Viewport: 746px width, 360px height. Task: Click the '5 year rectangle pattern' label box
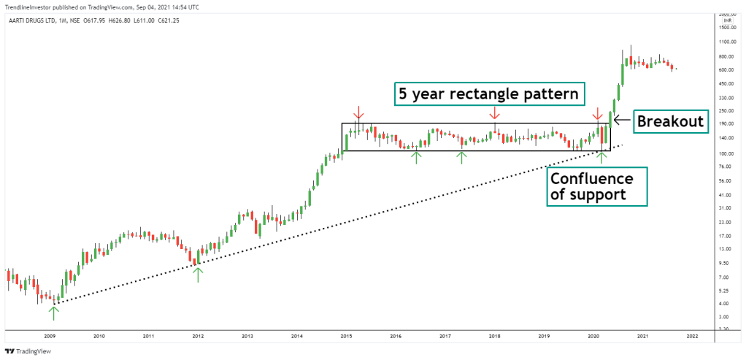[x=490, y=94]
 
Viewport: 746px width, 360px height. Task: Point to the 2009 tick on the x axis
[x=50, y=337]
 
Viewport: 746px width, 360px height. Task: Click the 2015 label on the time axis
[x=346, y=337]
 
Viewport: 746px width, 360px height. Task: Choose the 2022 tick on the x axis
[x=692, y=337]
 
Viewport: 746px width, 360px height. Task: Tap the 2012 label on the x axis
[x=198, y=337]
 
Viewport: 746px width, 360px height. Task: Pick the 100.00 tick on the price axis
[x=726, y=154]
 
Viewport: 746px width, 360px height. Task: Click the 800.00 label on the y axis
[x=726, y=56]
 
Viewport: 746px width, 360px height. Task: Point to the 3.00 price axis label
[x=724, y=317]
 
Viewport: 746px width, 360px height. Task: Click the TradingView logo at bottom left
[x=28, y=351]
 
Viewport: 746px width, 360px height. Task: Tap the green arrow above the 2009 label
[x=53, y=312]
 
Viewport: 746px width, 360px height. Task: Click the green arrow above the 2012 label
[x=197, y=275]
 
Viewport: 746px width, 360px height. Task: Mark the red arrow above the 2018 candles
[x=494, y=112]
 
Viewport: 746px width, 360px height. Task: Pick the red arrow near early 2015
[x=358, y=112]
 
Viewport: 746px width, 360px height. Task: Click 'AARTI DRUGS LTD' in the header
[x=28, y=20]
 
